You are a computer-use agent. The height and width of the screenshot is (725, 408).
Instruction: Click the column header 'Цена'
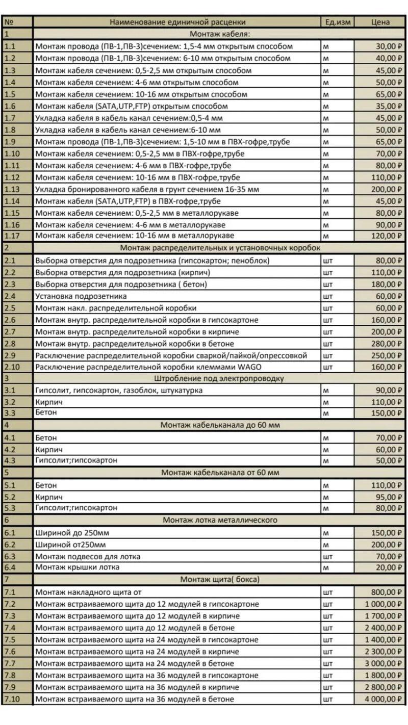[380, 22]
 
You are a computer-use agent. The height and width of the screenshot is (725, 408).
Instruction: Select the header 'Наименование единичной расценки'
[177, 22]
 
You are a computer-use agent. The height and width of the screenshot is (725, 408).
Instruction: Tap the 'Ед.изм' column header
[338, 22]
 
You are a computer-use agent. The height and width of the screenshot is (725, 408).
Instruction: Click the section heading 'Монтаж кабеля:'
[220, 34]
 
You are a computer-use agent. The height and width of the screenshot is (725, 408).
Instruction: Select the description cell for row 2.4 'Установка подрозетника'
[81, 296]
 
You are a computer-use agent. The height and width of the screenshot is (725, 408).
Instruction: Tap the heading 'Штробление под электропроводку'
[219, 378]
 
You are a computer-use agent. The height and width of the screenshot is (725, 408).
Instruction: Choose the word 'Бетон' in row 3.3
[46, 412]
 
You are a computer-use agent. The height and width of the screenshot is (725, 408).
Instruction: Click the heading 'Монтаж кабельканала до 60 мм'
[220, 425]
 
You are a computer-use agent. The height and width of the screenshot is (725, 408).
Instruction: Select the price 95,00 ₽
[387, 497]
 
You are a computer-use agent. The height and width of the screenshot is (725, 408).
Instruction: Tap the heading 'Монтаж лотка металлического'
[220, 520]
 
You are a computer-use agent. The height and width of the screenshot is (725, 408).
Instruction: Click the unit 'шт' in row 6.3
[328, 556]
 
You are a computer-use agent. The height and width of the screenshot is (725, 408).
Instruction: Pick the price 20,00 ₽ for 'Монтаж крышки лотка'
[387, 567]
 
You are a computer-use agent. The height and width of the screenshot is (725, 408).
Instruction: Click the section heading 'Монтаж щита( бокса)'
[220, 579]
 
